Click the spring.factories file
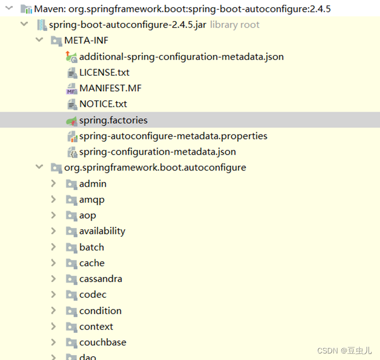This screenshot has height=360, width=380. (x=113, y=120)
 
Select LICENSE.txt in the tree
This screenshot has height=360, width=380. (x=104, y=72)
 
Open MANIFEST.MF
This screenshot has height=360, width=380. (x=110, y=88)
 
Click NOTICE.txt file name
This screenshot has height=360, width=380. (x=103, y=103)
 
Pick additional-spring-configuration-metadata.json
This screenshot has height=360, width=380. (x=181, y=56)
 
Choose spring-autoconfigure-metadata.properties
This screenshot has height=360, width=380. (x=173, y=136)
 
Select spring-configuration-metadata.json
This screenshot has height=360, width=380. (x=157, y=151)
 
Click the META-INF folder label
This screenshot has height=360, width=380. (x=87, y=40)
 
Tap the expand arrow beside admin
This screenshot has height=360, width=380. (x=53, y=184)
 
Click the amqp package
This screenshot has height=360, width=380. (x=92, y=199)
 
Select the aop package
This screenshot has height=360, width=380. (x=87, y=215)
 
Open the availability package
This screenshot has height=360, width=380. (x=102, y=231)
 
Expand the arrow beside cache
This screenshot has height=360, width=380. (x=53, y=263)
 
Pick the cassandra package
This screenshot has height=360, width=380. (x=100, y=279)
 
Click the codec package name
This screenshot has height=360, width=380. (x=93, y=295)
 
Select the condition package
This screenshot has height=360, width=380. (x=100, y=310)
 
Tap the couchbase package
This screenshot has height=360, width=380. (x=102, y=342)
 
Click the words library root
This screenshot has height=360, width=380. (x=234, y=25)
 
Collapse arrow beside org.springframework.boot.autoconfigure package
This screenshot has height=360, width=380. (x=39, y=167)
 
